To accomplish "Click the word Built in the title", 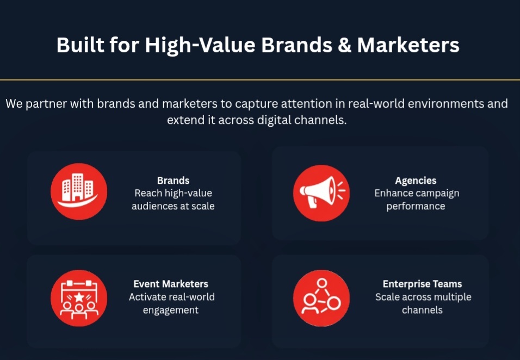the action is [x=81, y=45].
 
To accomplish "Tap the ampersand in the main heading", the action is [x=344, y=45].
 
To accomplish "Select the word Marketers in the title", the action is [x=408, y=45].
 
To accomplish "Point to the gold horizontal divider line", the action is [x=260, y=80].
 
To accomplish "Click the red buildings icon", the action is [x=79, y=191].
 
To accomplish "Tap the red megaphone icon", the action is [x=321, y=193].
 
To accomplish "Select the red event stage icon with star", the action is [x=79, y=298].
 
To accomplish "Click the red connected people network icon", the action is [x=321, y=298].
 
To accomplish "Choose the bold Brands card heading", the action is [x=173, y=181].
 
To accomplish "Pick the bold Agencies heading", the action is [x=416, y=181].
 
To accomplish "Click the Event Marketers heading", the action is [x=171, y=284].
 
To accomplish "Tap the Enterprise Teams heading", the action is [x=422, y=284].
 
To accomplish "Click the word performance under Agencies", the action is [x=416, y=207].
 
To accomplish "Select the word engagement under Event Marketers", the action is [x=171, y=311].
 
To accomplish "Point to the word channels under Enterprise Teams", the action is [x=422, y=310].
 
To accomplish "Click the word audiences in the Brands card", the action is [x=151, y=206].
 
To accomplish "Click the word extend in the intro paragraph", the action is [x=185, y=120].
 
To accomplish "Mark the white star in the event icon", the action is [x=79, y=297].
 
